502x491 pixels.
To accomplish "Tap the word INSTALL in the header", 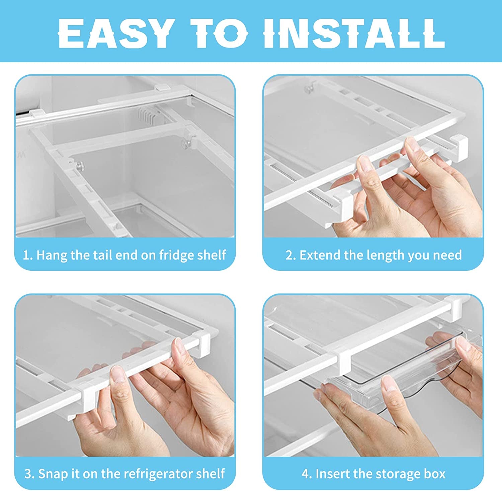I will pyautogui.click(x=354, y=33).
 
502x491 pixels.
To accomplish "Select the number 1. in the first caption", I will pyautogui.click(x=27, y=255).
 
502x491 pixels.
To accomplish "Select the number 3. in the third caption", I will pyautogui.click(x=29, y=474).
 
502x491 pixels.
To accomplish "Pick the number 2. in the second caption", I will pyautogui.click(x=290, y=255).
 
